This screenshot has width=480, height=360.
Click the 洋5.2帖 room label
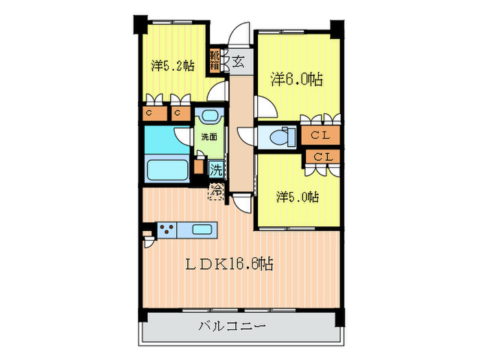[173, 66]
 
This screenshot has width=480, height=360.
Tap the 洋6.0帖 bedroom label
[297, 80]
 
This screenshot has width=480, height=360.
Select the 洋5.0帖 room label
[298, 197]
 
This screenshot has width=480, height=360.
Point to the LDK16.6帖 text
[230, 263]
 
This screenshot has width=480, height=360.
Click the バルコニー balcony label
[232, 326]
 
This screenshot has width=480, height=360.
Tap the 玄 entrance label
[238, 62]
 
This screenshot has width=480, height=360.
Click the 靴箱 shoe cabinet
[215, 62]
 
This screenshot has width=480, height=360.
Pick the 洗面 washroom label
[209, 137]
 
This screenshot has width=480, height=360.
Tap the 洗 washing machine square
[216, 169]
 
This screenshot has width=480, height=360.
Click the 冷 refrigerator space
[216, 191]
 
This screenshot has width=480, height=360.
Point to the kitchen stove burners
[167, 230]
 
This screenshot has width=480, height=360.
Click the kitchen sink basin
[201, 229]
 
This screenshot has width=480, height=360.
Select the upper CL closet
[320, 135]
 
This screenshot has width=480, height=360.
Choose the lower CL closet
[323, 157]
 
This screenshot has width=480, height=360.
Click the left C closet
[155, 113]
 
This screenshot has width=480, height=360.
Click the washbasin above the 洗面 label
[210, 116]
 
